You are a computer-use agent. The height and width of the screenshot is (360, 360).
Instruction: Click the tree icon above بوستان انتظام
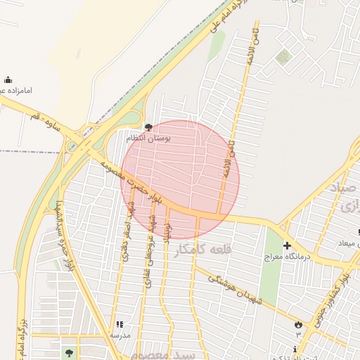tap(148, 127)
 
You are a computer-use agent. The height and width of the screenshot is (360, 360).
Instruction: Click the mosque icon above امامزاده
tap(8, 79)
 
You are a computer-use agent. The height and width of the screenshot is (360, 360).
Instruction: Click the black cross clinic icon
tap(287, 245)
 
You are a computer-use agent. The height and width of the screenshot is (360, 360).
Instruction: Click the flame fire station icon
tap(298, 325)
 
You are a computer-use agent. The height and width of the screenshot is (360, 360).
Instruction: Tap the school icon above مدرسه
tap(119, 324)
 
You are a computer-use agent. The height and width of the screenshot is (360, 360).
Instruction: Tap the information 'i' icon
tap(295, 349)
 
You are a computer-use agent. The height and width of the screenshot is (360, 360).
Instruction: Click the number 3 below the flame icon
tap(298, 335)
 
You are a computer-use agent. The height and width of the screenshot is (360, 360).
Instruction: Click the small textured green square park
tap(282, 57)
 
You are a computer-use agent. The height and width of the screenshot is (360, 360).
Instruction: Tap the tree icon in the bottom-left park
tap(68, 352)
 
